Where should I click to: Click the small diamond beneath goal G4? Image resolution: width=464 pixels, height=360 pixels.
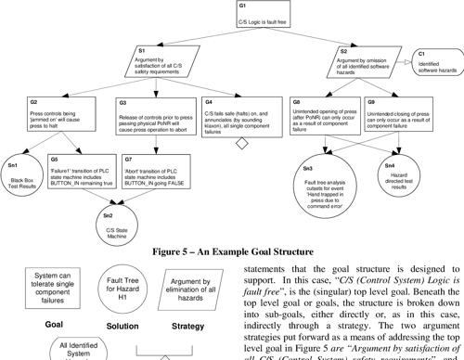pyautogui.click(x=242, y=143)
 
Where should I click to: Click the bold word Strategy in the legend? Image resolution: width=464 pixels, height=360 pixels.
pyautogui.click(x=188, y=326)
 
